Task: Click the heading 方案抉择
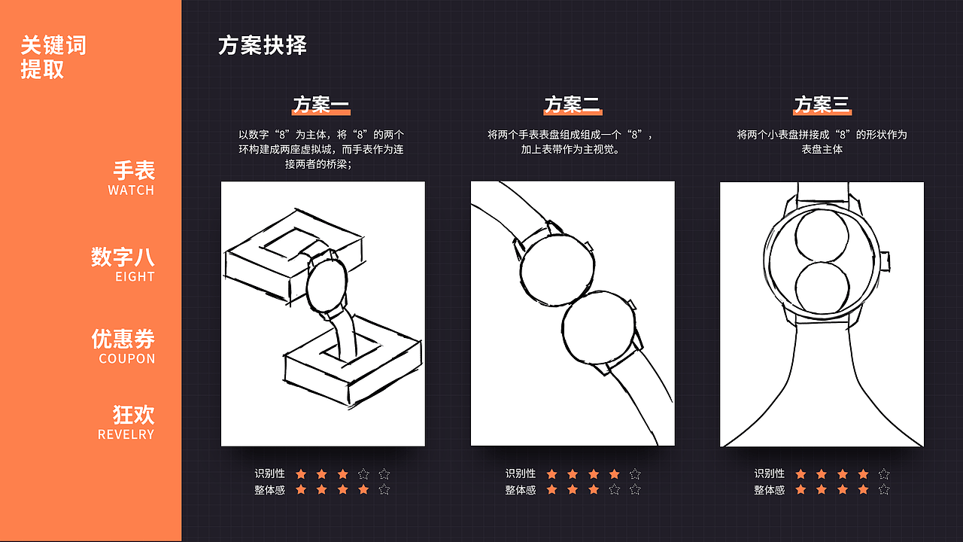(x=263, y=45)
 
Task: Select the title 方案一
(x=321, y=104)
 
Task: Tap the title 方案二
(x=572, y=104)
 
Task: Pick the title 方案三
(x=822, y=104)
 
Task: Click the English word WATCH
(x=131, y=190)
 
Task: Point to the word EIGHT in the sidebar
(x=135, y=277)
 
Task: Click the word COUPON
(x=127, y=359)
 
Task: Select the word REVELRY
(x=126, y=434)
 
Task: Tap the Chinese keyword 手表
(x=134, y=170)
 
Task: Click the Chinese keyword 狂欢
(x=134, y=414)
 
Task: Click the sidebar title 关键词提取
(x=53, y=57)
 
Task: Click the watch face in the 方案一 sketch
(x=326, y=285)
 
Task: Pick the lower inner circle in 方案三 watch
(x=822, y=288)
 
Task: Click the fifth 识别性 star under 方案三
(x=884, y=474)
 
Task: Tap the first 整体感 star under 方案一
(x=301, y=490)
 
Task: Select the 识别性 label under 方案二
(x=521, y=473)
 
